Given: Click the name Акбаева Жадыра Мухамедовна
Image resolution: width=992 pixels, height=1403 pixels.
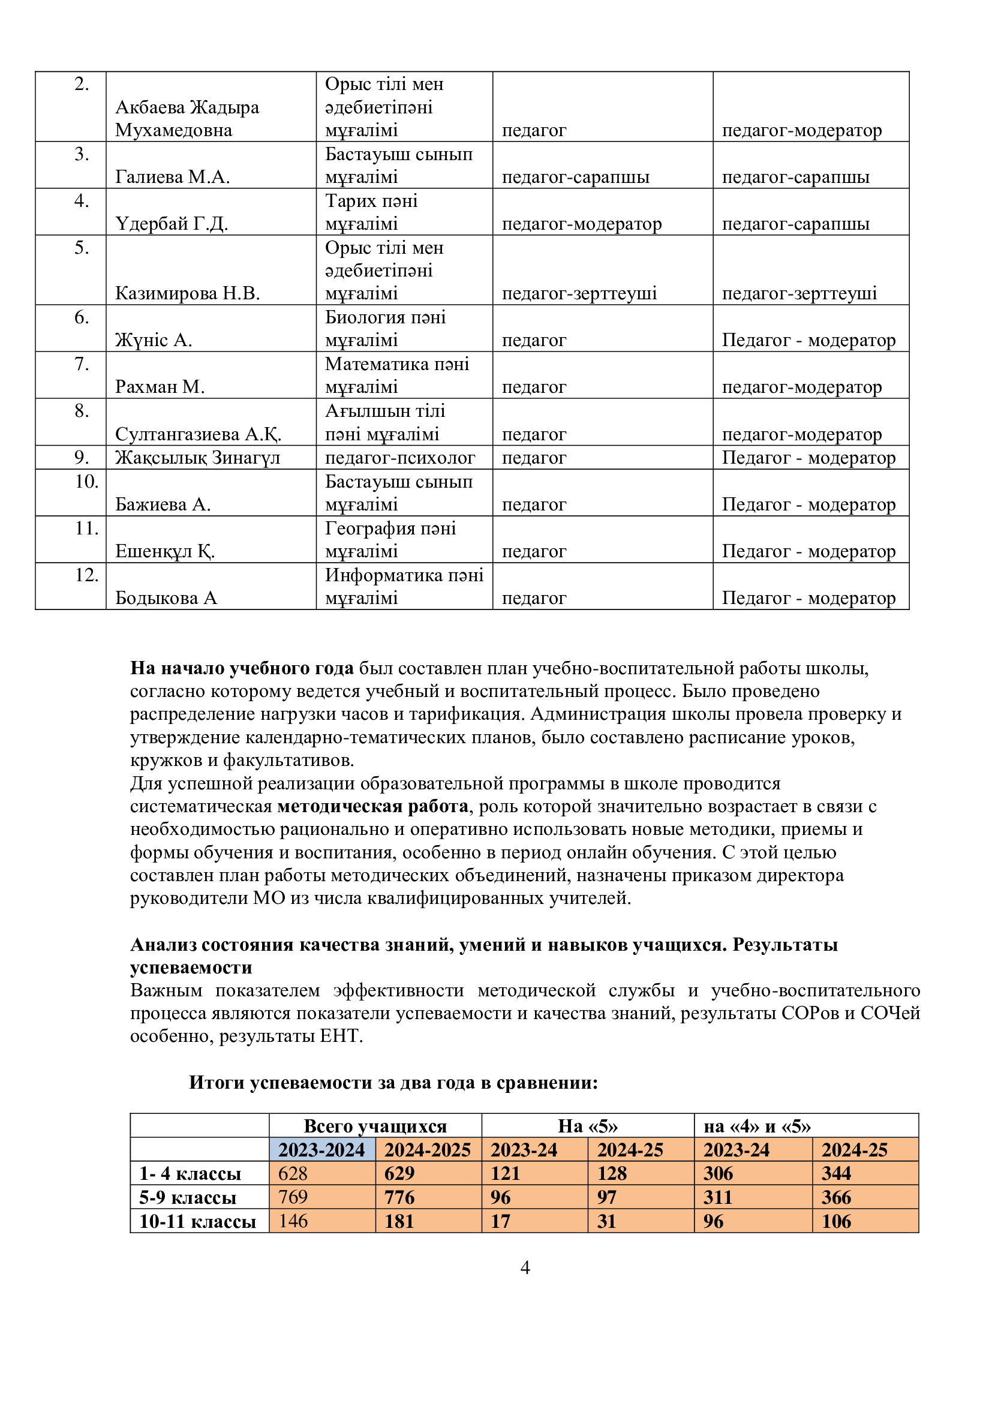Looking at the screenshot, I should (x=187, y=119).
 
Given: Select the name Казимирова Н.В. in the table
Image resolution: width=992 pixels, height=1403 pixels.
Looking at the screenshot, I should (x=187, y=293).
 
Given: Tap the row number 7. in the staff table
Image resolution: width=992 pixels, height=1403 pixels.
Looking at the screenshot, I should (x=81, y=364).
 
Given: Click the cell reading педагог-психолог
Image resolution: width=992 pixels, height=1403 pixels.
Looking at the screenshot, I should (x=399, y=457).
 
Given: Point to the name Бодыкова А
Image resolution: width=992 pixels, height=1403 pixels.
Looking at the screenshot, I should (x=166, y=597).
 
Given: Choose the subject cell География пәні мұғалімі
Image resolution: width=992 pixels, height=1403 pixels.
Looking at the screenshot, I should (x=390, y=540).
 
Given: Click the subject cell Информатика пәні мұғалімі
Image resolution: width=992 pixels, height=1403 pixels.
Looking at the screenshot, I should (x=404, y=586).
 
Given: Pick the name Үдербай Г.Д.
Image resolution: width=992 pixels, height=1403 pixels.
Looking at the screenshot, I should (x=171, y=224).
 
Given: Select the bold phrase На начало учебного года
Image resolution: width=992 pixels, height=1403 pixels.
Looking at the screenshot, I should (x=241, y=668).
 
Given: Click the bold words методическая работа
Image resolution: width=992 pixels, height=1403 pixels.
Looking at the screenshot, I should (x=372, y=806).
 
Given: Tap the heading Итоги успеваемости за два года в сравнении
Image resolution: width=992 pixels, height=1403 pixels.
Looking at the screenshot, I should (x=393, y=1082).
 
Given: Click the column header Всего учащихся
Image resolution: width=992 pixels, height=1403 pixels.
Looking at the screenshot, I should (x=374, y=1125).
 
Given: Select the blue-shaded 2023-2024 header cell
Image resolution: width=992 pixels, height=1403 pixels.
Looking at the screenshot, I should (x=321, y=1149).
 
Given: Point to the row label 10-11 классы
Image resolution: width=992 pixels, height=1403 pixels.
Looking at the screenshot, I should (x=197, y=1221).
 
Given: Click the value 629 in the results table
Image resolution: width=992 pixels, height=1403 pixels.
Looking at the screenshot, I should (x=399, y=1173).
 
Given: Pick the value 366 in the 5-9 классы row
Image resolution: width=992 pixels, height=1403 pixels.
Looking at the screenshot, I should (x=835, y=1197).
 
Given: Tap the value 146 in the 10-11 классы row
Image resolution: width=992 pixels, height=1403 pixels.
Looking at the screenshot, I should (x=293, y=1221).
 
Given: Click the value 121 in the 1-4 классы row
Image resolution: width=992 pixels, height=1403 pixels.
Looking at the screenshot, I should (x=505, y=1173).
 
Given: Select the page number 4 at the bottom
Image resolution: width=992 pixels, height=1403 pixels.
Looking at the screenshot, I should (x=525, y=1267).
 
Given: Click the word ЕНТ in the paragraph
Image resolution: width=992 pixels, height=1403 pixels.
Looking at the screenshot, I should (x=339, y=1037).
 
